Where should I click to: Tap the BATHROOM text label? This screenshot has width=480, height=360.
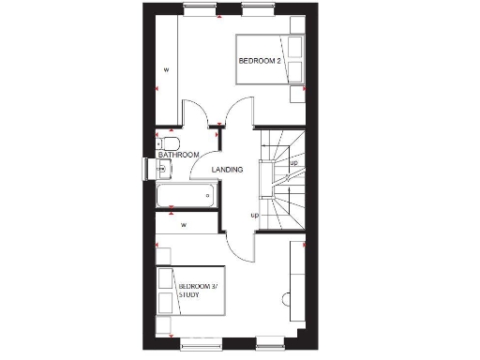pyautogui.click(x=178, y=155)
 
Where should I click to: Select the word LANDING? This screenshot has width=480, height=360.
pyautogui.click(x=227, y=170)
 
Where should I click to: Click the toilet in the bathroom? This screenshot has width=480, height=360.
pyautogui.click(x=168, y=142)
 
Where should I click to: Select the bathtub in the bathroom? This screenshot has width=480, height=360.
pyautogui.click(x=185, y=197)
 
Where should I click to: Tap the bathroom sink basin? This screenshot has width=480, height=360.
pyautogui.click(x=165, y=170)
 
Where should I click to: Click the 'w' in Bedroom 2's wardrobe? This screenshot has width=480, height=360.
pyautogui.click(x=167, y=69)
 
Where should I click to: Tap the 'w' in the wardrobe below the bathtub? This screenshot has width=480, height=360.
pyautogui.click(x=185, y=225)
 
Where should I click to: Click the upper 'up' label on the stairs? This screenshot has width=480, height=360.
pyautogui.click(x=293, y=163)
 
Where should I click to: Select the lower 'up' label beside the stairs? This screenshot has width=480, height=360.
pyautogui.click(x=254, y=216)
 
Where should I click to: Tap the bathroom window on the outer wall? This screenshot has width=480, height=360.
pyautogui.click(x=145, y=168)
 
